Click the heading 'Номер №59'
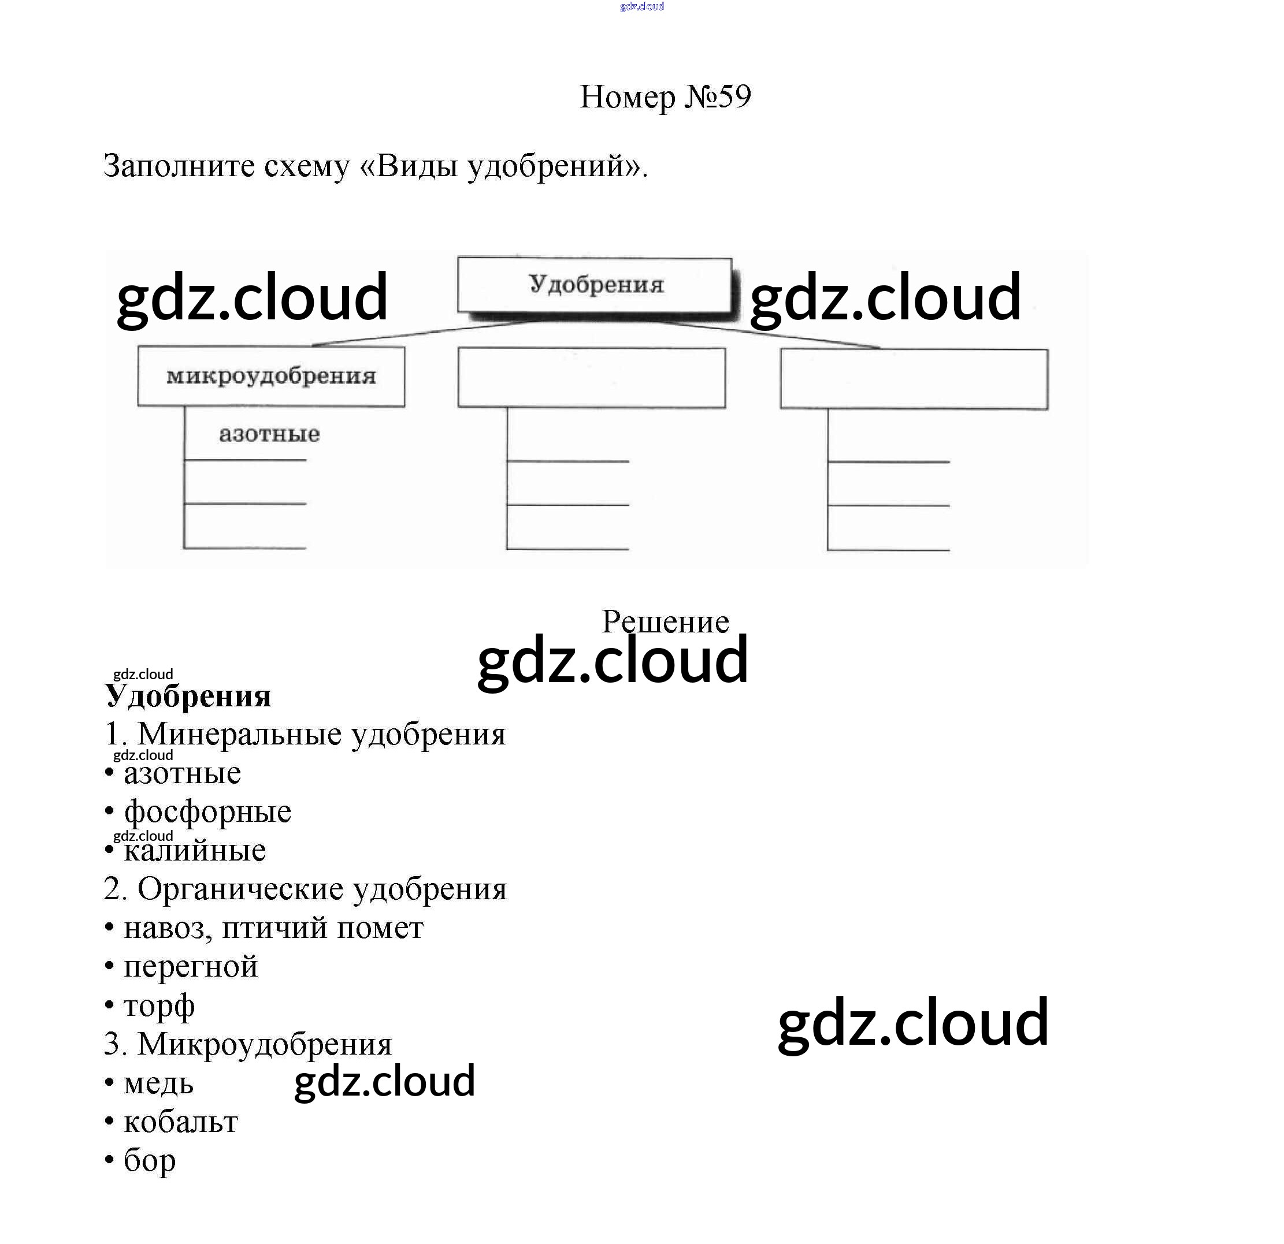point(665,97)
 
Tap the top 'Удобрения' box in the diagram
point(595,285)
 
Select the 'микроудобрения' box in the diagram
point(271,377)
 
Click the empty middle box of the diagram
point(592,378)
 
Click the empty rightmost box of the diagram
point(914,379)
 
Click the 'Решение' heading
point(665,621)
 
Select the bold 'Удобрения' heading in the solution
point(188,696)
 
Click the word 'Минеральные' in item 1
point(239,735)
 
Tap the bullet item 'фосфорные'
point(207,812)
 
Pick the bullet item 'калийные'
point(195,851)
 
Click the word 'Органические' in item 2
point(240,889)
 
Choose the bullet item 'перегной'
point(191,966)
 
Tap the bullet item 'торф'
point(159,1005)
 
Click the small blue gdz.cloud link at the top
point(641,6)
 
